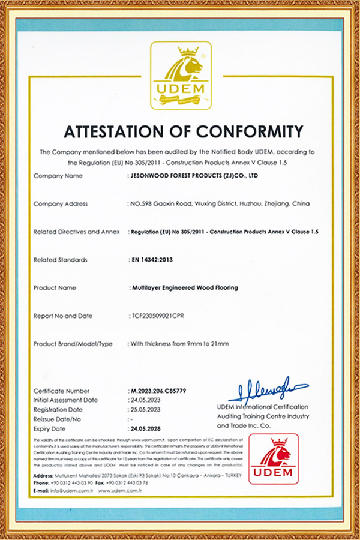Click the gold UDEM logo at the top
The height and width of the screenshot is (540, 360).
click(x=181, y=75)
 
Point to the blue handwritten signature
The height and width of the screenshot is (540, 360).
click(x=267, y=390)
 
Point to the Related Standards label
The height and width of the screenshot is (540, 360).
click(x=61, y=260)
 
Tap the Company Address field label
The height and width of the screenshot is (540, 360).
click(x=61, y=204)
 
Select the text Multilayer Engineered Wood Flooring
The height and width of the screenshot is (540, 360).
click(x=185, y=287)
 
